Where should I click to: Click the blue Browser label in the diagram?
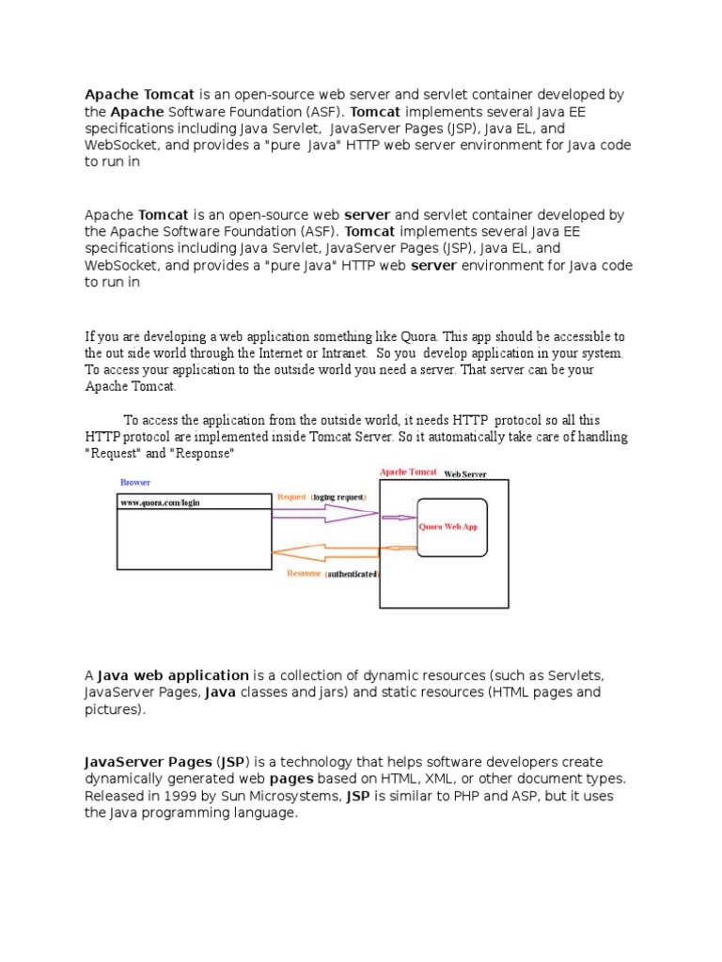[x=135, y=482]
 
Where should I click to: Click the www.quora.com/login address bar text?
[x=161, y=503]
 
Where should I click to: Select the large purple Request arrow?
[x=324, y=513]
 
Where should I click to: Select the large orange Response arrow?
[x=324, y=551]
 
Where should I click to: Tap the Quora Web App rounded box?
[x=452, y=528]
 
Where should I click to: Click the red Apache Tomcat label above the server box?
[x=407, y=472]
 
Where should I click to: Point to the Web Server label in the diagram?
[x=465, y=474]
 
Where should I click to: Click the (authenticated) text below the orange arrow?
[x=352, y=574]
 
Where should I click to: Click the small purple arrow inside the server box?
[x=400, y=517]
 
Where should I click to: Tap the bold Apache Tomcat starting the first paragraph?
[x=140, y=95]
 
